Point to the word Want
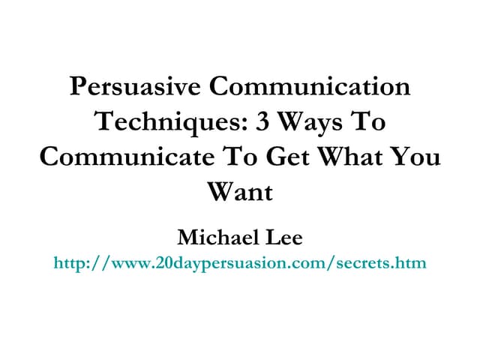[x=240, y=193]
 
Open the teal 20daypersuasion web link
[x=240, y=263]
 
